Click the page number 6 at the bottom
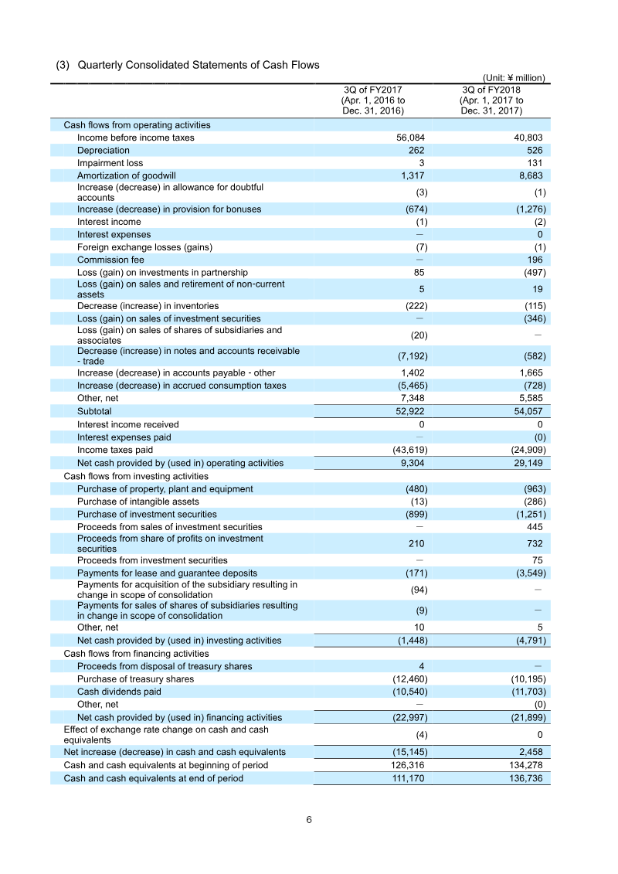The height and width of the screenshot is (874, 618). click(309, 821)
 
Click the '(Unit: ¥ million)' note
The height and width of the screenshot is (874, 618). click(514, 78)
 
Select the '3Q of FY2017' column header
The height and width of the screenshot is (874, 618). click(372, 90)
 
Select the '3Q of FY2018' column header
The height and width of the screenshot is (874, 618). click(491, 90)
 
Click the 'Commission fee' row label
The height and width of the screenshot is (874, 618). click(110, 260)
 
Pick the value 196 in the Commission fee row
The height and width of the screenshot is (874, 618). click(534, 260)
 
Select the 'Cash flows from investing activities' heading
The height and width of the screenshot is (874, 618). click(136, 476)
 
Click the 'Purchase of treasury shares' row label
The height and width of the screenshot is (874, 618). click(135, 679)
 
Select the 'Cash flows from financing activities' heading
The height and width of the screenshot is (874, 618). click(136, 654)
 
